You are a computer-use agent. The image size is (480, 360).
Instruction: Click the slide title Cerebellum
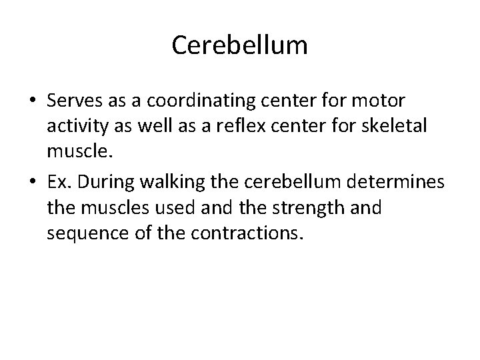239,45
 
